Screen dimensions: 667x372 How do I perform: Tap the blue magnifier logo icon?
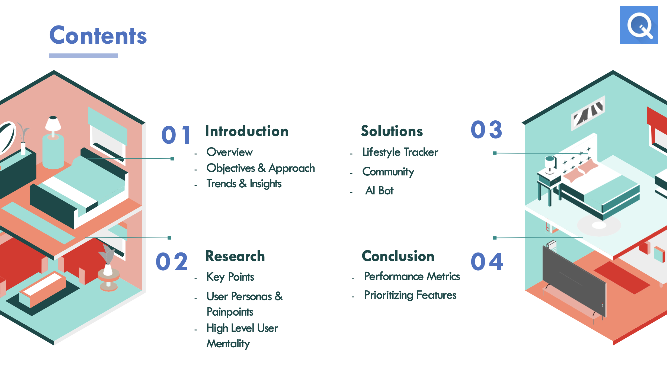coord(639,25)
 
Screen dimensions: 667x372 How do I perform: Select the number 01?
coord(176,135)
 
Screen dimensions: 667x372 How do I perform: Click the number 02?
coord(172,262)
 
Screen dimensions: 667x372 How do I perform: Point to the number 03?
coord(486,130)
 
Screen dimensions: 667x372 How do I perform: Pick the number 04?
coord(487,262)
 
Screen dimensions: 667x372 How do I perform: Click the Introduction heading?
coord(247,131)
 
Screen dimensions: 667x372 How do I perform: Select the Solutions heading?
coord(392,131)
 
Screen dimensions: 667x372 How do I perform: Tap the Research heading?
coord(235,256)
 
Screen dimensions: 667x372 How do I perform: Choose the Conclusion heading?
coord(398,256)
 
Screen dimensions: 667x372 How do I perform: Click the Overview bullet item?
coord(230,152)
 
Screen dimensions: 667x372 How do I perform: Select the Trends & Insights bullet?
coord(244,184)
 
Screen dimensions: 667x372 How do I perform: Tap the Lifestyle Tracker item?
coord(400,152)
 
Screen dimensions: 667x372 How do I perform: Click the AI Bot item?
coord(379,191)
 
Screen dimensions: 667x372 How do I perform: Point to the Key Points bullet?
coord(230,277)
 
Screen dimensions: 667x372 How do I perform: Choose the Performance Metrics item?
coord(412,276)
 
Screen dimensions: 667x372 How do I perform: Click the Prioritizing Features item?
coord(410,295)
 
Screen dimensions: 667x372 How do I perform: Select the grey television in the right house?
coord(574,281)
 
